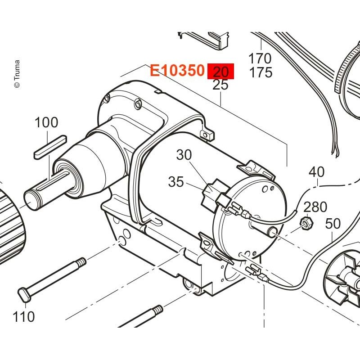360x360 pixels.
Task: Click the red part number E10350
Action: (x=177, y=70)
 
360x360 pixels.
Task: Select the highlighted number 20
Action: (x=220, y=72)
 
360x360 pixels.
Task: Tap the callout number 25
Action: (x=220, y=85)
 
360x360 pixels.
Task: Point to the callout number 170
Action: (x=260, y=58)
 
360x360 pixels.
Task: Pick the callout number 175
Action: (x=261, y=72)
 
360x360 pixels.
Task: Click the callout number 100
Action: (x=46, y=122)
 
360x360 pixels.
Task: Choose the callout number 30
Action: (x=184, y=155)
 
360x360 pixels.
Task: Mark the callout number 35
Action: (x=176, y=182)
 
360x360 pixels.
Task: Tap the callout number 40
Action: (x=316, y=172)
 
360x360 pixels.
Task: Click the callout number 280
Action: (x=315, y=207)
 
